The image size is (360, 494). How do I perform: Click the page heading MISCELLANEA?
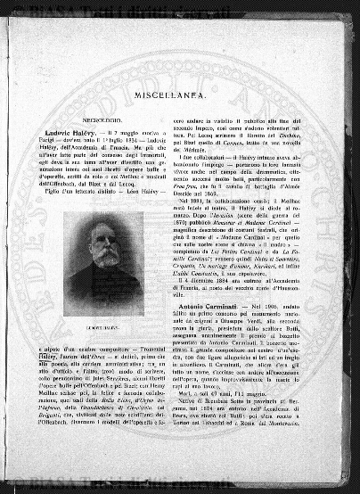tap(184, 92)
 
